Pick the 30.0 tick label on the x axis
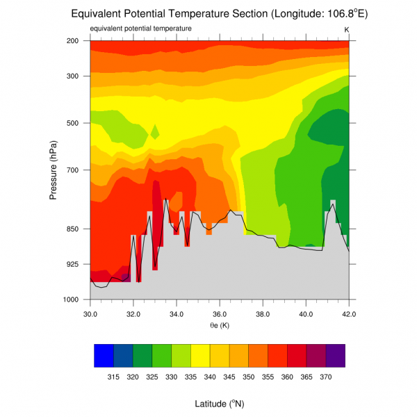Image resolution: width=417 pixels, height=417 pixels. pos(90,314)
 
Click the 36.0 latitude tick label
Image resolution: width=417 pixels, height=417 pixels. pos(220,314)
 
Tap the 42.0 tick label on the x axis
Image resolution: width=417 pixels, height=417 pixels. pos(349,314)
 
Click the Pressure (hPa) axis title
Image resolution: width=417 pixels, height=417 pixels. pos(54,170)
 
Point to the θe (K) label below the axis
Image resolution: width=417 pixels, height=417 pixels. pos(220,325)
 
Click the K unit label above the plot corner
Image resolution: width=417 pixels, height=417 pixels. pos(346,28)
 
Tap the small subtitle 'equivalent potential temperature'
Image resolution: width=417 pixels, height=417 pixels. pos(141,28)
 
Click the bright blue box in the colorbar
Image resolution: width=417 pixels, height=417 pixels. pos(104,355)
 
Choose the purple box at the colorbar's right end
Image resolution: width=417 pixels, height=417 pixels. pos(336,355)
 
